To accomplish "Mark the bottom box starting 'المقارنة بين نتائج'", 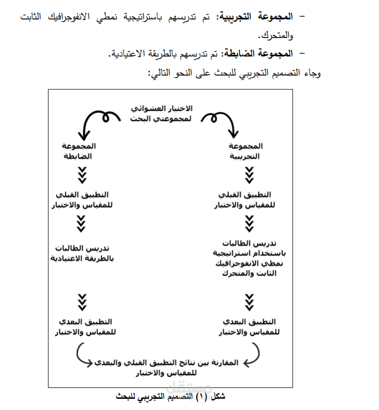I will click(166, 367).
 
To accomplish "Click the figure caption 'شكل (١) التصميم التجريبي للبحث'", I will click(166, 396).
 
